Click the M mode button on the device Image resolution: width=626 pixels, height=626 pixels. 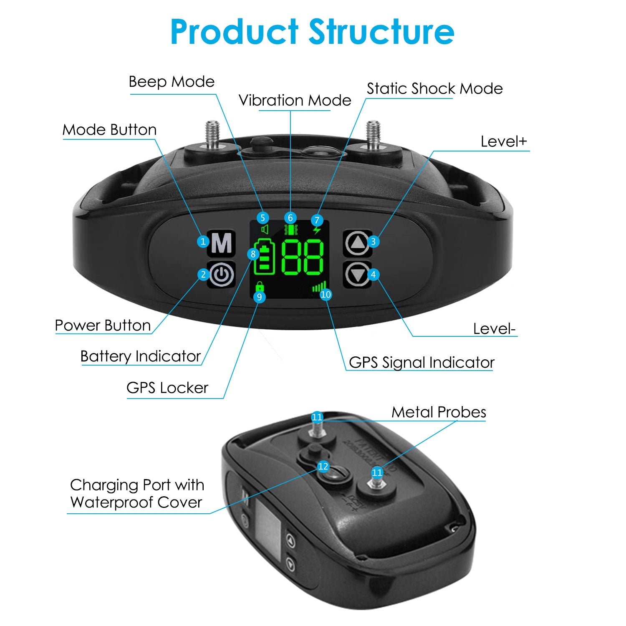(x=222, y=242)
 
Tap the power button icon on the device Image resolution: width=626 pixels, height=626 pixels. (x=222, y=275)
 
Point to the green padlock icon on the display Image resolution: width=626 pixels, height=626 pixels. (x=260, y=287)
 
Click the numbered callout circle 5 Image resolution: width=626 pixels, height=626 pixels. (x=263, y=217)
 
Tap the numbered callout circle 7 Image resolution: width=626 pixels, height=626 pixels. (x=317, y=220)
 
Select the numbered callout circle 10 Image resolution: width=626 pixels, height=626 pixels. (x=326, y=294)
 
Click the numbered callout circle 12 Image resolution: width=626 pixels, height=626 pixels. (x=323, y=466)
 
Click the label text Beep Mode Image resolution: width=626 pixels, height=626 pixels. (x=172, y=81)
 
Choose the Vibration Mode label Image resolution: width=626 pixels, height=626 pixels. (x=295, y=100)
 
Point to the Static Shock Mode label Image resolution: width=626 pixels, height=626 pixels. (x=434, y=88)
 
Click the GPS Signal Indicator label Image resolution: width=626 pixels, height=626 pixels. (x=422, y=362)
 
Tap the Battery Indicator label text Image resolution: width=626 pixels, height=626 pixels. (x=141, y=356)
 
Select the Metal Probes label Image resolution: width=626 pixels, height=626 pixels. (x=439, y=412)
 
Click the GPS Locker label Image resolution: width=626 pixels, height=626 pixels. (x=167, y=388)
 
